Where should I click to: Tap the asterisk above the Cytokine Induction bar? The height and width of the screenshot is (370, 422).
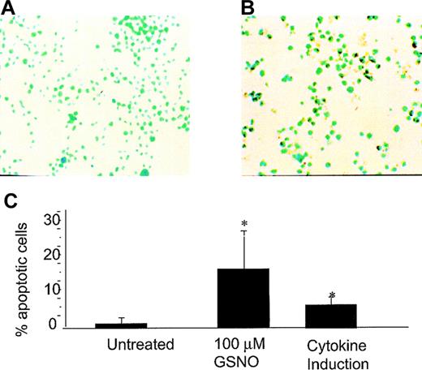tap(332, 296)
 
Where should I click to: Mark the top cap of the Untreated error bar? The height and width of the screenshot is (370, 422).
tap(121, 318)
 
